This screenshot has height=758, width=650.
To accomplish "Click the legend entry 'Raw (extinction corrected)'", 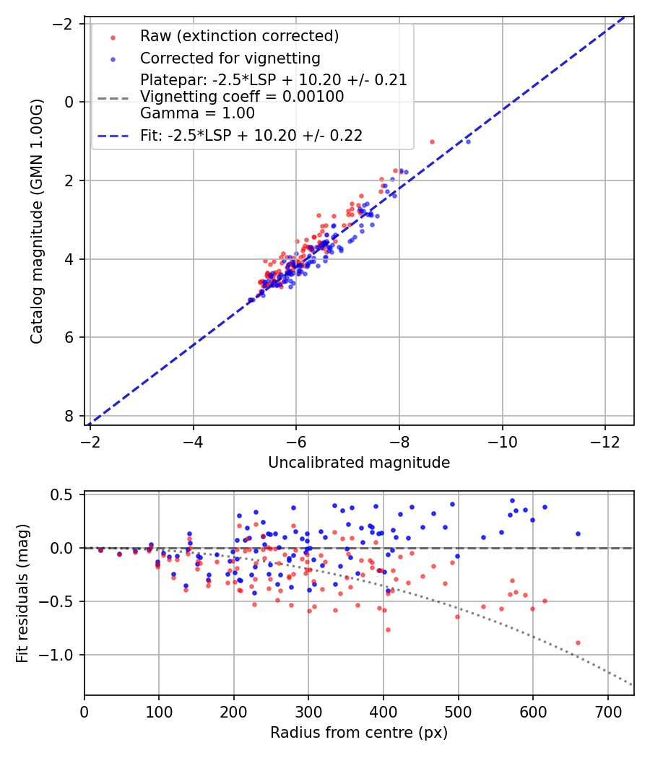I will (239, 36).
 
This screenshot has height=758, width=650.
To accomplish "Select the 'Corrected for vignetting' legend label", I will (230, 58).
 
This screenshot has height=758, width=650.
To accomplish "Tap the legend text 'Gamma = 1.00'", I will (197, 113).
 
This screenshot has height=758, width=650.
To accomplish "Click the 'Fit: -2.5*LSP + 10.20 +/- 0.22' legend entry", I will (251, 135).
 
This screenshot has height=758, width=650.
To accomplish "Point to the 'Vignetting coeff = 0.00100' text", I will (242, 97).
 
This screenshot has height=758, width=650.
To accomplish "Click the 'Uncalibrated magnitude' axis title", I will (359, 463).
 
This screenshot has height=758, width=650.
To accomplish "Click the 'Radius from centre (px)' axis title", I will (359, 733).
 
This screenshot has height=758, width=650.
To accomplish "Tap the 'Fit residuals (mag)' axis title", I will (22, 593).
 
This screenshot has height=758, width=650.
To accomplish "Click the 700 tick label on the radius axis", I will (607, 711).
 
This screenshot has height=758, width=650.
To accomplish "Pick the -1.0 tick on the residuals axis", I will (61, 655).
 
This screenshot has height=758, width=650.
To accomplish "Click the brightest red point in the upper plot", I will (432, 141).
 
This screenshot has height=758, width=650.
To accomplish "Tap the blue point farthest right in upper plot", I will (468, 141).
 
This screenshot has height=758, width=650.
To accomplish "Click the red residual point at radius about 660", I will (578, 642).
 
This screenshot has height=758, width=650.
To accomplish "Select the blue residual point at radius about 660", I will (578, 533).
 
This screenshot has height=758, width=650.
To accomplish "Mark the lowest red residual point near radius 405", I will (388, 630).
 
